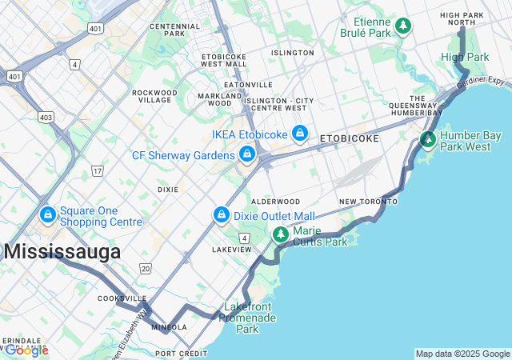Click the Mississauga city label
coord(62,252)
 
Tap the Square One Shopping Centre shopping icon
coord(48,215)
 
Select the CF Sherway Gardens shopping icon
coord(247,154)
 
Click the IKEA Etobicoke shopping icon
coord(300,133)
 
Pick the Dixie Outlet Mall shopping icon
coord(222,215)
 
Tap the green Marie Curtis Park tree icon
coord(280,234)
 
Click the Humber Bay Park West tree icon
coord(429,141)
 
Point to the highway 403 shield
coord(46,118)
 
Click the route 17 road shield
coord(98,171)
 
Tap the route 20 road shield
coord(145,268)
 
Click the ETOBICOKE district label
coord(350,138)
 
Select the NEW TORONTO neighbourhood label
coord(368,202)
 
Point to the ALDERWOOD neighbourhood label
coord(275,202)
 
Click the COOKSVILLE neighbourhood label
coord(122,298)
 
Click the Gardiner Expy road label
coord(482,82)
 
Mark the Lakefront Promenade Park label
coord(250,318)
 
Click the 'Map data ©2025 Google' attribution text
coord(462,354)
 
